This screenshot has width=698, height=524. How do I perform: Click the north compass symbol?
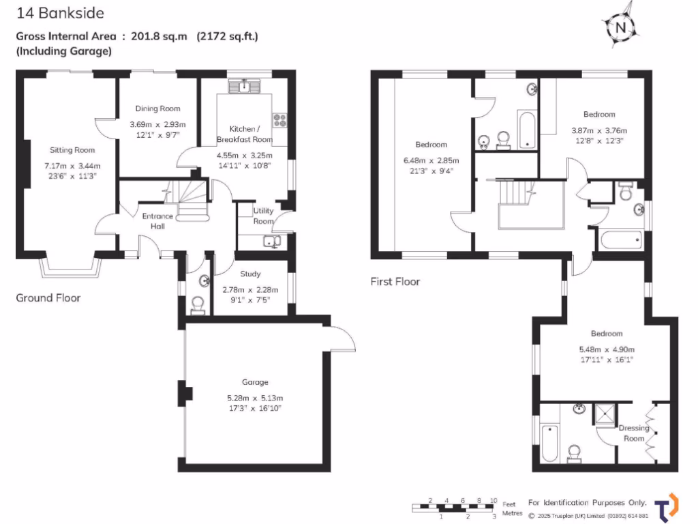pyautogui.click(x=620, y=27)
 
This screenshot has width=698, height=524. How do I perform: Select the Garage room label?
pyautogui.click(x=254, y=382)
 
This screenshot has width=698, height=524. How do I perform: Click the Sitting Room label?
pyautogui.click(x=72, y=150)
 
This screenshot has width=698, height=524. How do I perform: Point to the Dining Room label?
pyautogui.click(x=157, y=108)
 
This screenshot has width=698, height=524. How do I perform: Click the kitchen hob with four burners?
pyautogui.click(x=280, y=120)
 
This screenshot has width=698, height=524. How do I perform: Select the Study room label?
pyautogui.click(x=250, y=274)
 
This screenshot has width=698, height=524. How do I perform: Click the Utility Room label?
pyautogui.click(x=263, y=216)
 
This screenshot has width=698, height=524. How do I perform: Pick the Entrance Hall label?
pyautogui.click(x=157, y=221)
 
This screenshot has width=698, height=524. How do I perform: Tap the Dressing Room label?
pyautogui.click(x=634, y=433)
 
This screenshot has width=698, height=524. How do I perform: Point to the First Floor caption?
pyautogui.click(x=395, y=281)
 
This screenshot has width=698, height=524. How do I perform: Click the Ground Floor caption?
pyautogui.click(x=48, y=297)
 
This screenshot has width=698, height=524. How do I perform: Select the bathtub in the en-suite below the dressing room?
pyautogui.click(x=551, y=443)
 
